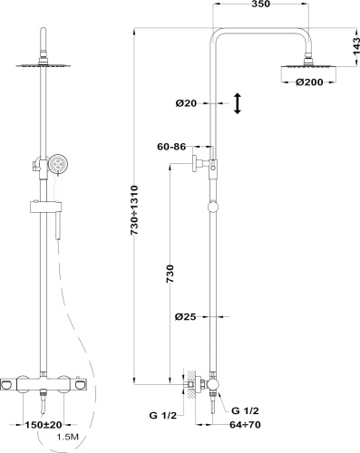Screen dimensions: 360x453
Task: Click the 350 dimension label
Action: coord(260,4)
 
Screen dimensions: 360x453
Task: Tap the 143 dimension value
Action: coord(356,46)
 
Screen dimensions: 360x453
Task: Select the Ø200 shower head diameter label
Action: coord(309,82)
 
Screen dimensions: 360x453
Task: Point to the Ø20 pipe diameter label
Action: coord(186,103)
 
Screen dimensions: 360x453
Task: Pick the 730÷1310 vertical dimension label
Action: coord(134,210)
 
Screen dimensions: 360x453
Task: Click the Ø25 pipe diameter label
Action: coord(186,317)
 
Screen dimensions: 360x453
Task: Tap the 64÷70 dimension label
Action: coord(245,425)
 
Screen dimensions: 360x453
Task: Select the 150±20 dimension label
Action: coord(44,425)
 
